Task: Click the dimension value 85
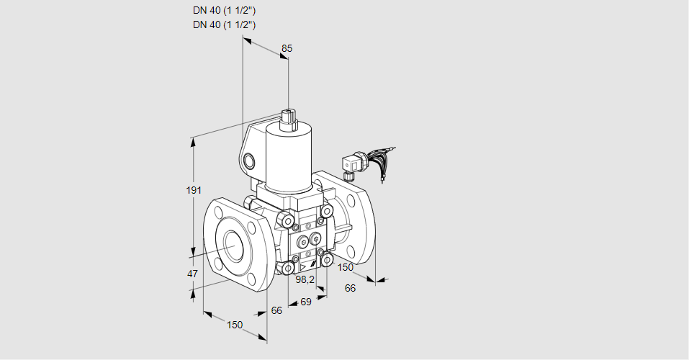[287, 48]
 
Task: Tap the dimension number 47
[192, 274]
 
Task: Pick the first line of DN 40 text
[225, 11]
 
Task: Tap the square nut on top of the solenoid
[289, 117]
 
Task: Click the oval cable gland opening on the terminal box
[250, 160]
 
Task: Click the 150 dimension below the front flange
[234, 325]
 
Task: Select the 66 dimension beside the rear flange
[351, 288]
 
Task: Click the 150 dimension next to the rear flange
[346, 267]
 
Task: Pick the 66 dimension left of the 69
[276, 311]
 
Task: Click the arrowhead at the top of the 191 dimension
[193, 140]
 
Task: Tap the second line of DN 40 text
[225, 24]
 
